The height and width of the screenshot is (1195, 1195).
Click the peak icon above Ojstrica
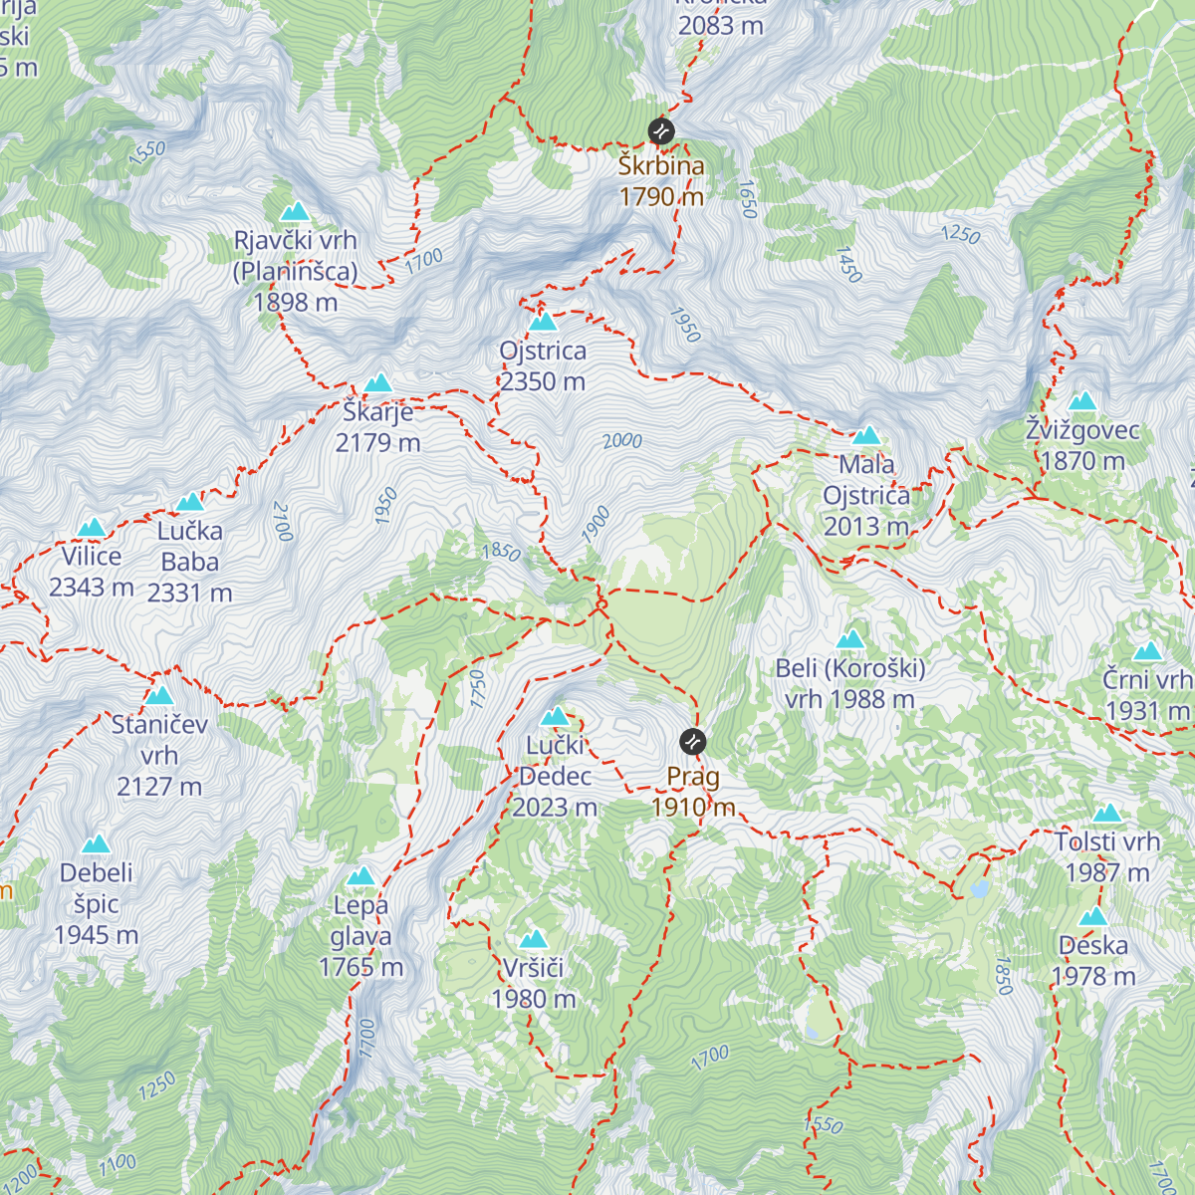(543, 322)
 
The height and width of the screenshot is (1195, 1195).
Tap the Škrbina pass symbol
(660, 130)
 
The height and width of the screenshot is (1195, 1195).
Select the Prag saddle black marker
(693, 741)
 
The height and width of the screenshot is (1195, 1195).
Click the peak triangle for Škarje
(377, 383)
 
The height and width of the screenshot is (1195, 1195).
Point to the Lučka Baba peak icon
(189, 502)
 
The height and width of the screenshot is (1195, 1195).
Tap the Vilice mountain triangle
(92, 527)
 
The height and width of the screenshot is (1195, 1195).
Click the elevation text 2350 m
(543, 381)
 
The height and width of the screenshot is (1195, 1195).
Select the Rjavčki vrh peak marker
(295, 211)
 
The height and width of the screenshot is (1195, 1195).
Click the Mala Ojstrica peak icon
(866, 435)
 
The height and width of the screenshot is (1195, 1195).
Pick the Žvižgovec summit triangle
(1082, 401)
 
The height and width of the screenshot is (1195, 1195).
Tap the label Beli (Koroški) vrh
(850, 683)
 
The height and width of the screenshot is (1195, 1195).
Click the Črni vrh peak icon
(1147, 651)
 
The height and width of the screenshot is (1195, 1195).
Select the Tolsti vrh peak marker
(1107, 814)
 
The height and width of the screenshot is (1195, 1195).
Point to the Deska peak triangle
(1093, 917)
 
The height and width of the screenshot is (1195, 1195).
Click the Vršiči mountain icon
(534, 939)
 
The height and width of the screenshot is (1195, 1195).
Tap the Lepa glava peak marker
(360, 876)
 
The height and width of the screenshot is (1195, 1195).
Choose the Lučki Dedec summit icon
(555, 716)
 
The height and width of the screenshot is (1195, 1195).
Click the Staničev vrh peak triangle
(159, 695)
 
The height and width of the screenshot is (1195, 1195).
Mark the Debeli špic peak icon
(96, 844)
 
